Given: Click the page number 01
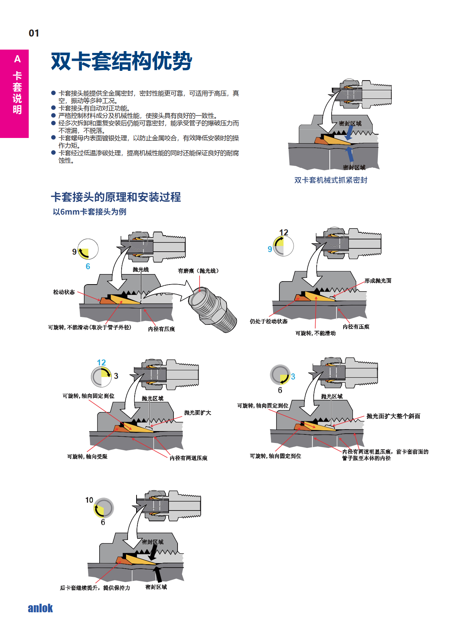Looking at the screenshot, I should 34,33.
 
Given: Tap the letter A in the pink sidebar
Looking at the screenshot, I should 17,59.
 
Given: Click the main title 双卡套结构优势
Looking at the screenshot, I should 121,61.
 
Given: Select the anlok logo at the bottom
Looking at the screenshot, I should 40,608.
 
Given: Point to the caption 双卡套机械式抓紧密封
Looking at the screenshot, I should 331,180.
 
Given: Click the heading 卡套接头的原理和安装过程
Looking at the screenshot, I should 116,197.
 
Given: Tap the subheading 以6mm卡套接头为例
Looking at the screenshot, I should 90,212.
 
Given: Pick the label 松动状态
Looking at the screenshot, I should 64,292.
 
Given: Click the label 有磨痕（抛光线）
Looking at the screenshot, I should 198,271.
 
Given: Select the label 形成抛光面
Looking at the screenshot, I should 378,281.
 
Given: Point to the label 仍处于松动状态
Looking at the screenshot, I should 269,321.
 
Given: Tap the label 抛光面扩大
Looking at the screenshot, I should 197,413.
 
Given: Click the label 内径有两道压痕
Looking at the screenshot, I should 188,458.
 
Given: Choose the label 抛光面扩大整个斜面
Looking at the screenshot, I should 393,416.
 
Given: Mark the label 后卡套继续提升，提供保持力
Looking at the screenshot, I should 95,588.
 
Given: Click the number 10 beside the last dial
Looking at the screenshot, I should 89,500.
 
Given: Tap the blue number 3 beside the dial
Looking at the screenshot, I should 293,377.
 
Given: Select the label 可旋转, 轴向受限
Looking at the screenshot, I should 87,456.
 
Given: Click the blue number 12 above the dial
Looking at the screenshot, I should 101,362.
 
